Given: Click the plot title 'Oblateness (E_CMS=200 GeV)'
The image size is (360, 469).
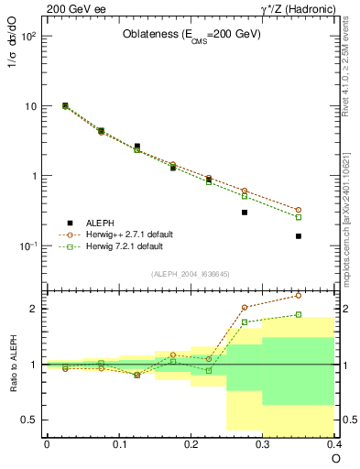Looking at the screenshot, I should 192,35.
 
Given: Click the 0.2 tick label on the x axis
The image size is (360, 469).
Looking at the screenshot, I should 191,443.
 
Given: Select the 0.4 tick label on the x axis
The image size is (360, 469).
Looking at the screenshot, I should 334,443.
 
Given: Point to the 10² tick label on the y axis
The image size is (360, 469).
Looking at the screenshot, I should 29,37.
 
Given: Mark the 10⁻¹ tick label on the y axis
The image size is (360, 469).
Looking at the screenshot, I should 28,245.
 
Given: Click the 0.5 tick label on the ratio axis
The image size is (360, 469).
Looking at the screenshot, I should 30,420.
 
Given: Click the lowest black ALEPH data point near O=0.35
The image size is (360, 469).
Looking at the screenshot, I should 299,236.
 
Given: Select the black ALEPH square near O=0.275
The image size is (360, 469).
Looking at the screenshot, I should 245,213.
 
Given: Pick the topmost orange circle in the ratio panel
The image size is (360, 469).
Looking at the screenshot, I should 299,295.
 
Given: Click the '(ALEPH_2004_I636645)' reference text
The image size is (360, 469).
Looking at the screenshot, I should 191,274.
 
